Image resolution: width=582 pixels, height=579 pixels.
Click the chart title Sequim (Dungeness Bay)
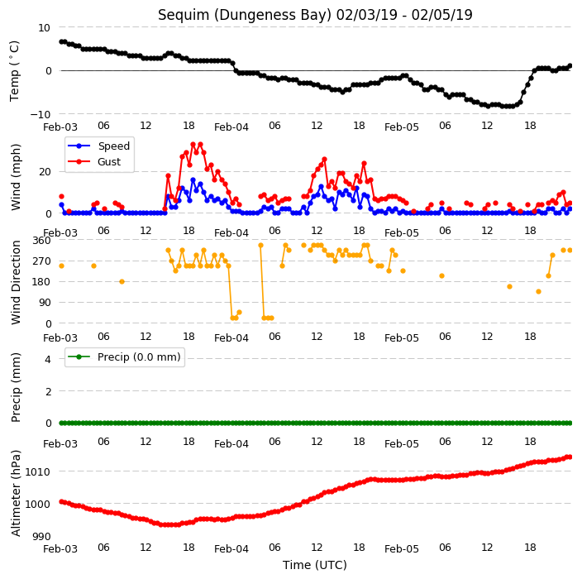[244, 15]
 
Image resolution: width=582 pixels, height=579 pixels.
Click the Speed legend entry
[98, 146]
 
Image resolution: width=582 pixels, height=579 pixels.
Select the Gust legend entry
[94, 161]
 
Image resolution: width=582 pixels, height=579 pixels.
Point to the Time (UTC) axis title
[315, 565]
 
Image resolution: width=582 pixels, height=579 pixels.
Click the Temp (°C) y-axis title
[15, 71]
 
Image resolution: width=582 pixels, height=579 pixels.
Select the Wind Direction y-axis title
[16, 282]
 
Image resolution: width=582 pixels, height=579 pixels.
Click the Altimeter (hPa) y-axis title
[16, 493]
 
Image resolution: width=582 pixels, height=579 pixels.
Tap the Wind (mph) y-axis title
[16, 177]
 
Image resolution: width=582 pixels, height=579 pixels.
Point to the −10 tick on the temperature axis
[40, 114]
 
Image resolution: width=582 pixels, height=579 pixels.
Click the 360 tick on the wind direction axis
[41, 241]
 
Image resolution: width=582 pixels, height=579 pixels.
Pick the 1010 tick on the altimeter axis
[37, 472]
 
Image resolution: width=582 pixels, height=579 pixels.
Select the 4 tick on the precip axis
[48, 359]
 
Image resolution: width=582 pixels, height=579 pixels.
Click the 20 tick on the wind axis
[45, 172]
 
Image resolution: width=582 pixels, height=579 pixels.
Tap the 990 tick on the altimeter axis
[41, 536]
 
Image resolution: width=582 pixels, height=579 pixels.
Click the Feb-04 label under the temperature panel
[231, 127]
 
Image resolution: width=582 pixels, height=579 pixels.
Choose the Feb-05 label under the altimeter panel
[402, 549]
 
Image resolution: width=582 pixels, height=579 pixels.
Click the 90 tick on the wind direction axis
[45, 303]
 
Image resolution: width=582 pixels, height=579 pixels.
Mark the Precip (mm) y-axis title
[16, 387]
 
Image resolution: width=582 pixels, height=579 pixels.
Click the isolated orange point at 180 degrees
[122, 281]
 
